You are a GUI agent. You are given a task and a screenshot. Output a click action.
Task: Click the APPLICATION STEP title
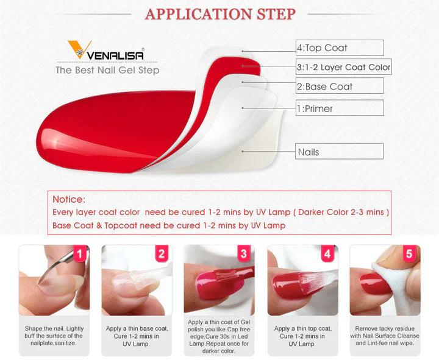(220, 14)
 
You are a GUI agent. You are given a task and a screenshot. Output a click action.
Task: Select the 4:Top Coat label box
(340, 48)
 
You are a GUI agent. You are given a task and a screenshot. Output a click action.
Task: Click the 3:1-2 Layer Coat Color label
(343, 67)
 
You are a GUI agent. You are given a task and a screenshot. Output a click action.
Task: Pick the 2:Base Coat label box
(340, 86)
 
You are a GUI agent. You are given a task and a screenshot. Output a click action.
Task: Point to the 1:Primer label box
(340, 108)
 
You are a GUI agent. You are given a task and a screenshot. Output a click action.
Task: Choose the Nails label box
(340, 152)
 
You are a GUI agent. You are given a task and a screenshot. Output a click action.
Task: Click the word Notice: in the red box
(69, 199)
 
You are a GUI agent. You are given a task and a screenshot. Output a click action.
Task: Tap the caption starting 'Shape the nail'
(54, 336)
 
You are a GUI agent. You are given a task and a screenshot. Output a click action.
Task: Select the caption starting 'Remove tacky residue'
(385, 336)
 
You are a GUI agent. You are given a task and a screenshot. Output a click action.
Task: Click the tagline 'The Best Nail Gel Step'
(107, 70)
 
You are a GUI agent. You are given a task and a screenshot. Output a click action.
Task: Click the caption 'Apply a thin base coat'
(137, 336)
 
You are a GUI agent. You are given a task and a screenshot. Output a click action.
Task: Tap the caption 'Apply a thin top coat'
(303, 336)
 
